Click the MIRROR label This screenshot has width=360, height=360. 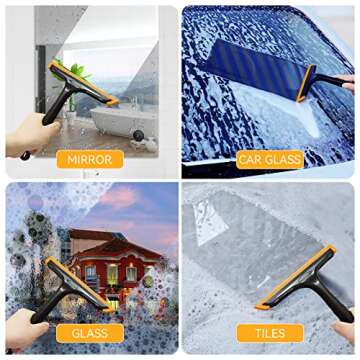point(90,159)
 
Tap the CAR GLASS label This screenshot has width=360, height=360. point(270,159)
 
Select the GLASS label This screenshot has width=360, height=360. point(90,333)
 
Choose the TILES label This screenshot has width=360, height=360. point(270,333)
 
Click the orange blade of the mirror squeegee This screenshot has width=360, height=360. point(83,82)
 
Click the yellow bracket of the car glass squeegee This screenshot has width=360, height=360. point(306,83)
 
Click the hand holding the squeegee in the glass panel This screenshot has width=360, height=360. point(25,328)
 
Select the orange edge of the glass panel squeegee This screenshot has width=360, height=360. point(78,283)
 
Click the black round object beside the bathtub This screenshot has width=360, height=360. point(138,135)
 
